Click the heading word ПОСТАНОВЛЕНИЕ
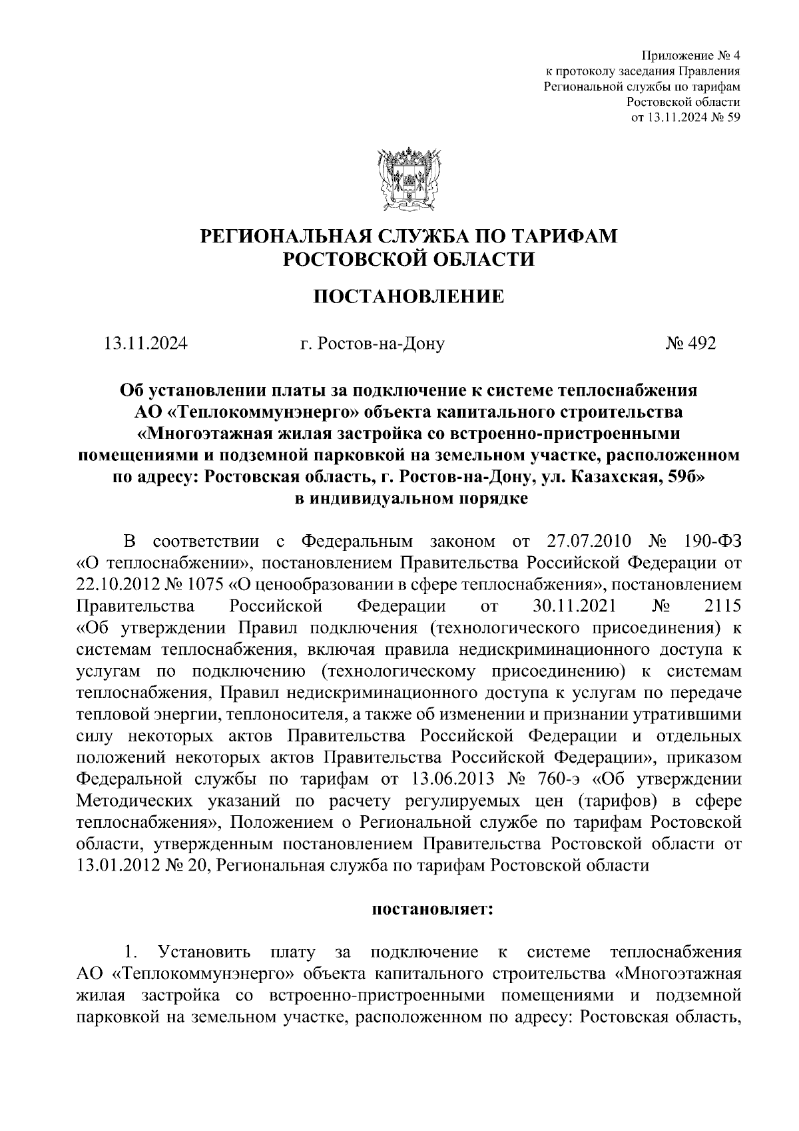[x=409, y=296]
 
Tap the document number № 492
[x=690, y=344]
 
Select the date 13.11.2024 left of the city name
[x=146, y=344]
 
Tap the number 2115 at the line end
[x=721, y=607]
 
